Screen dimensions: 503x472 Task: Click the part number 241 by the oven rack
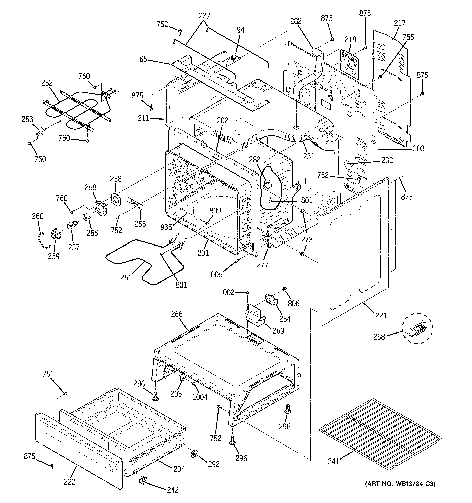click(333, 461)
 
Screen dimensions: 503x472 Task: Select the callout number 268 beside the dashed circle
click(379, 337)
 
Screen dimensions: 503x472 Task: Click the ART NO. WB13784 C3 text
click(400, 484)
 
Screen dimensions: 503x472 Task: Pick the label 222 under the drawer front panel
click(69, 481)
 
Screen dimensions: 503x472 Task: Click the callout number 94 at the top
click(240, 30)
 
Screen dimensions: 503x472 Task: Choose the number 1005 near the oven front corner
click(215, 274)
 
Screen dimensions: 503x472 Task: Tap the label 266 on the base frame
click(177, 314)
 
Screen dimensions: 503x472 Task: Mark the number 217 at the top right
click(400, 23)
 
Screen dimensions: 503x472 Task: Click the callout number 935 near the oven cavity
click(166, 227)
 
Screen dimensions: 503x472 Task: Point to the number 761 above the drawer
click(48, 374)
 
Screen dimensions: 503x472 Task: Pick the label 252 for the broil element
click(47, 83)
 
